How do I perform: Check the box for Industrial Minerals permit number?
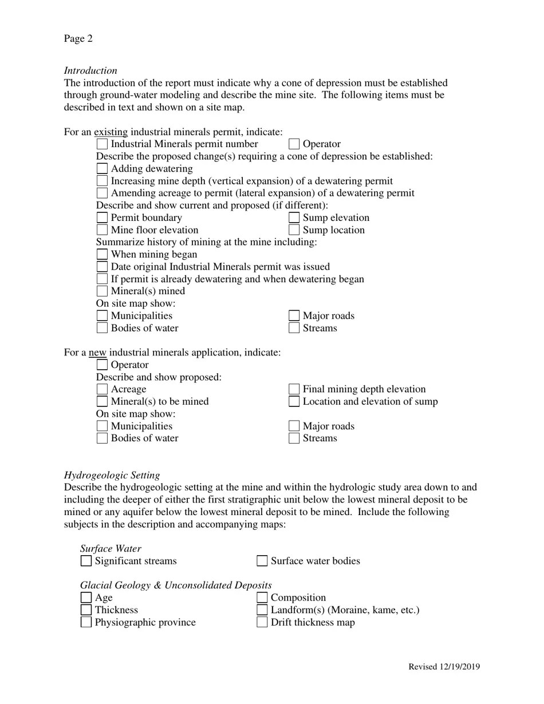coord(102,144)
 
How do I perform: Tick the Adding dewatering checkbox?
coord(102,169)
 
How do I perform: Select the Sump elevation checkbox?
coord(294,218)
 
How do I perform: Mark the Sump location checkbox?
coord(294,230)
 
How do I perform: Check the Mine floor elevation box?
coord(102,230)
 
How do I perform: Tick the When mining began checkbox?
coord(102,255)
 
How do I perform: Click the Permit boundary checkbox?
coord(102,218)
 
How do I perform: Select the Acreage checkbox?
coord(102,389)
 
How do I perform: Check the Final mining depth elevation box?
coord(294,389)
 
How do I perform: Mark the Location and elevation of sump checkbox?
coord(294,402)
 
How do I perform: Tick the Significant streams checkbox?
coord(86,561)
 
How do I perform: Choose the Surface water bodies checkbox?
coord(262,561)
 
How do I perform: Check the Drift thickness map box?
coord(262,622)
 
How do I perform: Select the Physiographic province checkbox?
coord(86,622)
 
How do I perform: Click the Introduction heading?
coord(90,70)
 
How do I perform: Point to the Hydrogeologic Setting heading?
coord(112,475)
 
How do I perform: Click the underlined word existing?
coord(111,132)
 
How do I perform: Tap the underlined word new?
coord(97,353)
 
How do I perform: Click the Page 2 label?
coord(78,39)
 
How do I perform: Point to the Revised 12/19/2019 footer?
coord(444,667)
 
